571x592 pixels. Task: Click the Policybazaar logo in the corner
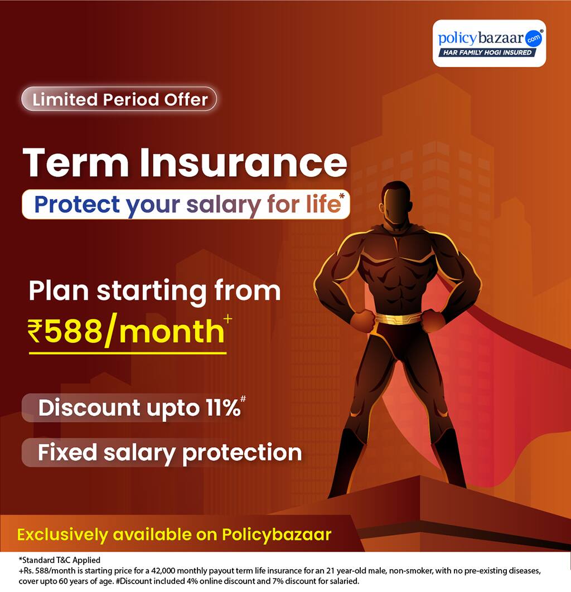[x=489, y=43]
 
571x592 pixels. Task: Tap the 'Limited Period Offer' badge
[x=119, y=99]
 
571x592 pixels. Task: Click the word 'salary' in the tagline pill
[x=222, y=205]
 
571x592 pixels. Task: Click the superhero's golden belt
[x=398, y=319]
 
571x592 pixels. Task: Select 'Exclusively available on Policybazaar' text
[x=174, y=535]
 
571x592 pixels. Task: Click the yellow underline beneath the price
[x=128, y=352]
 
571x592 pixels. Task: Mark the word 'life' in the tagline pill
[x=326, y=205]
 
